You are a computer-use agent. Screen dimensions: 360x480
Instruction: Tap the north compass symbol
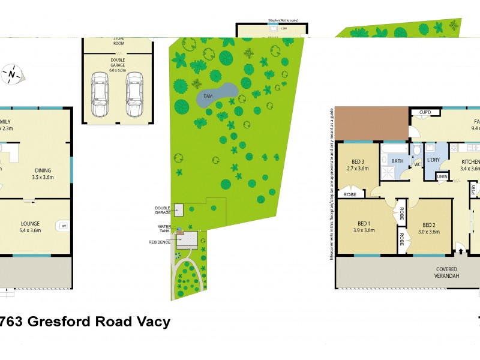coord(11,74)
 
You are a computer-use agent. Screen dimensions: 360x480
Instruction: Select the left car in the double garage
coord(100,95)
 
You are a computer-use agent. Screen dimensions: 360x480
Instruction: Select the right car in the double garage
coord(134,95)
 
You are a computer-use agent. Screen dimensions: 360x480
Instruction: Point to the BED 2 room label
coord(428,226)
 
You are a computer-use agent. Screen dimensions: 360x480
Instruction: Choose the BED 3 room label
coord(359,165)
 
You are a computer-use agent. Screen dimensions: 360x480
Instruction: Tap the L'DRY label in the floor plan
coord(435,161)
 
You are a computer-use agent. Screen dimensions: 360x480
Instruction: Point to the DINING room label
coord(43,173)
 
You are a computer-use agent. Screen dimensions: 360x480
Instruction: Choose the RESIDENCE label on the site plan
coord(161,242)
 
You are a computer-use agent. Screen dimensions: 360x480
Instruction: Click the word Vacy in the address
coord(153,322)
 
